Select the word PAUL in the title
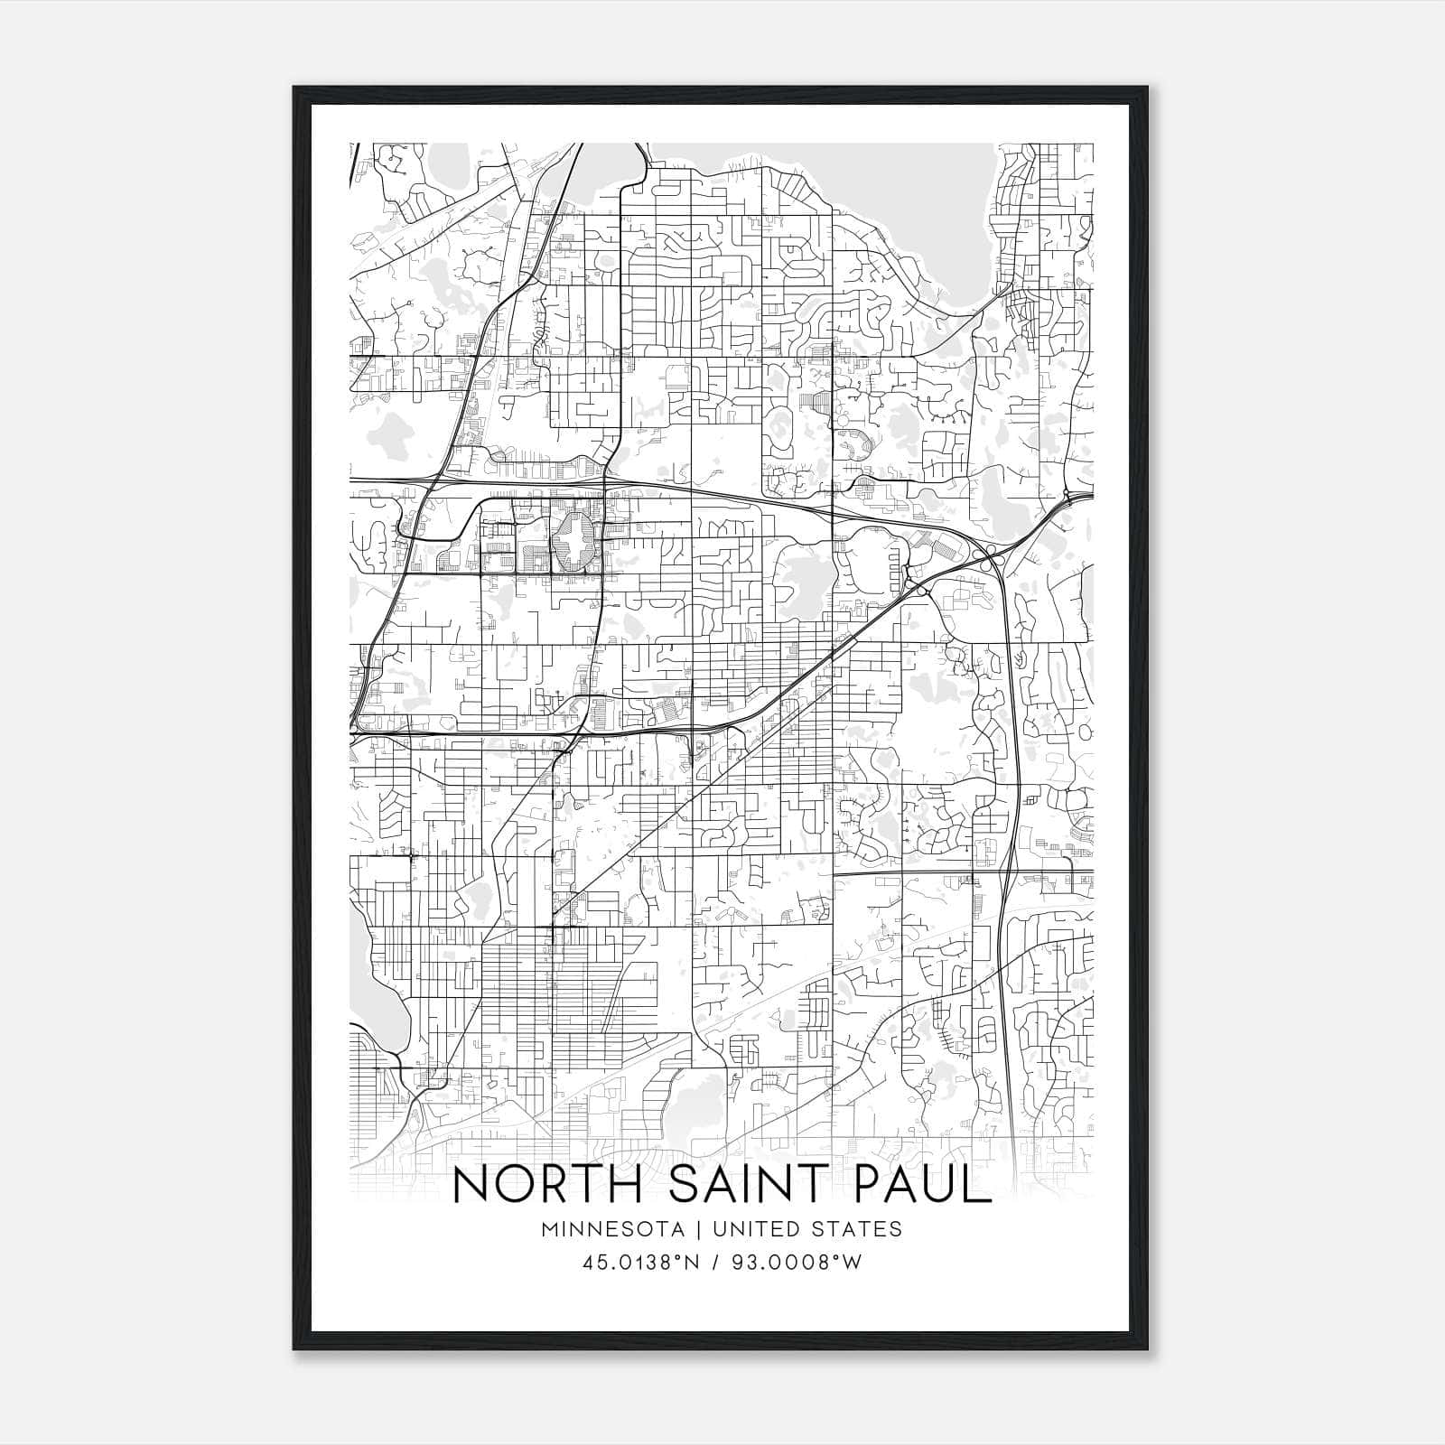click(923, 1185)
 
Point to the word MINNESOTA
click(612, 1229)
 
